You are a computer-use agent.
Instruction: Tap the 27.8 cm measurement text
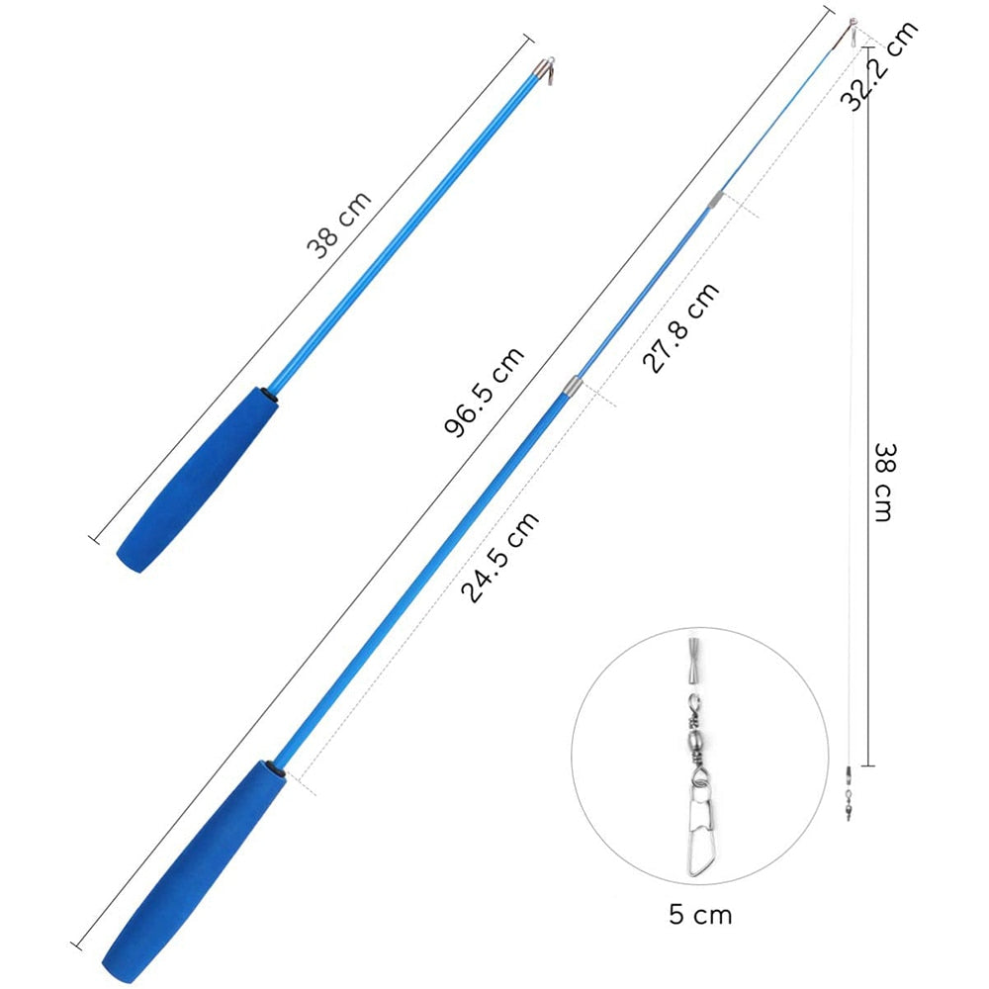(681, 327)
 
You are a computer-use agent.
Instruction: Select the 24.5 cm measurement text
(500, 558)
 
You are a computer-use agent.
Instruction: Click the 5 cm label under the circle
(700, 914)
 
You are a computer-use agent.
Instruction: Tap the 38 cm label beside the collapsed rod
(339, 225)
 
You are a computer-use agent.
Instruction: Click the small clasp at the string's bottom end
(849, 796)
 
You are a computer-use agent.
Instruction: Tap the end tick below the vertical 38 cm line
(867, 764)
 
